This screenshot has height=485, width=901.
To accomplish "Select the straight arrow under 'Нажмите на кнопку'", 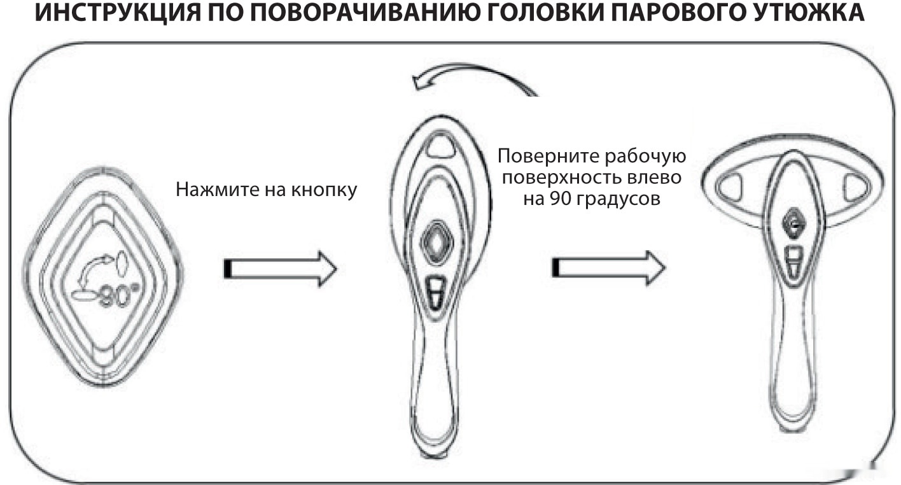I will [279, 269].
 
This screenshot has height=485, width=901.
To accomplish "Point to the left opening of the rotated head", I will [729, 188].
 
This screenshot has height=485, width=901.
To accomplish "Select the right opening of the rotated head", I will [855, 188].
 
